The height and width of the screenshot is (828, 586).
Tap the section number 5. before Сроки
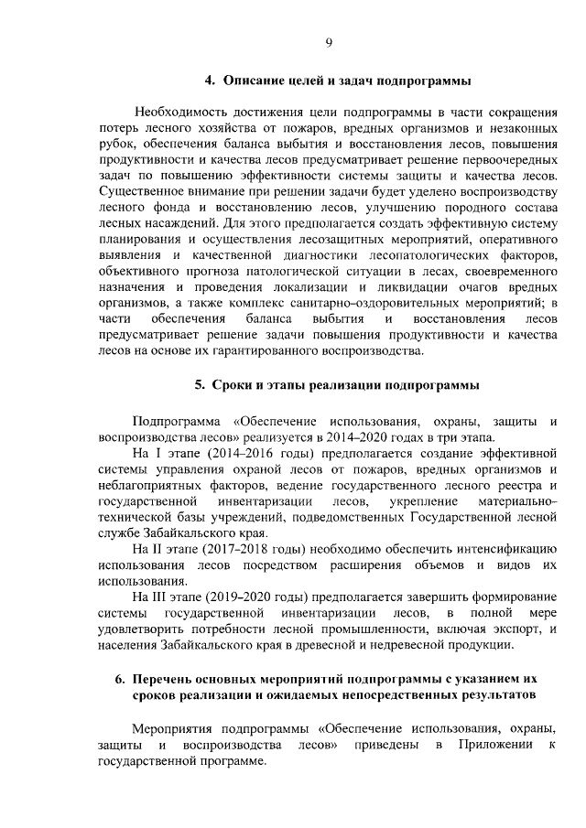pyautogui.click(x=200, y=385)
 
